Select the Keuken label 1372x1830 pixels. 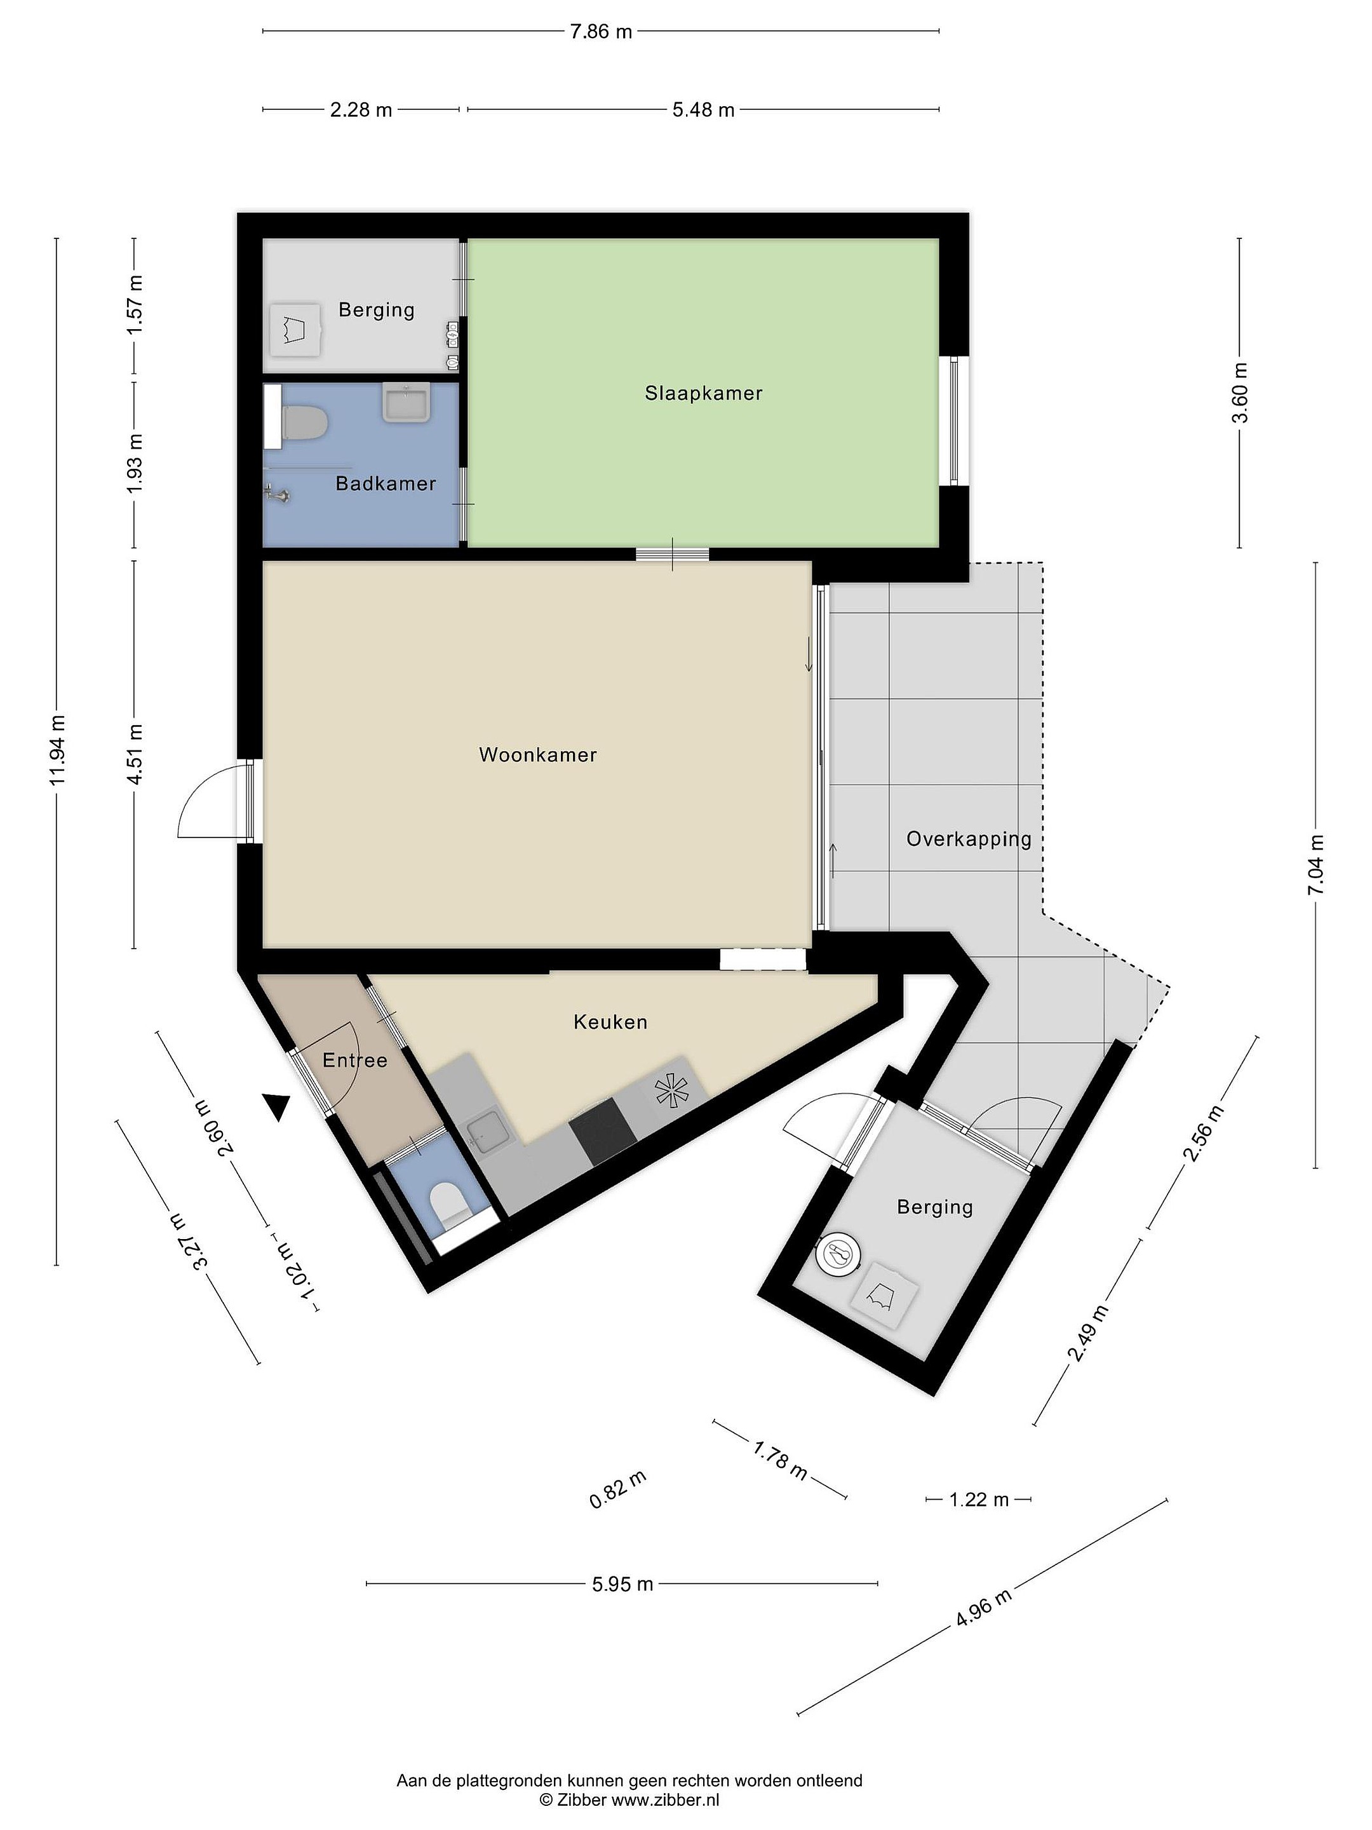[x=610, y=1022]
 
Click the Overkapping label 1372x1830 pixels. [x=969, y=840]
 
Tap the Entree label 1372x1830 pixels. [x=355, y=1060]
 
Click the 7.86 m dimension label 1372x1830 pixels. [x=602, y=32]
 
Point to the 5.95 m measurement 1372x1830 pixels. [x=622, y=1583]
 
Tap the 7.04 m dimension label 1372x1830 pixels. [x=1315, y=865]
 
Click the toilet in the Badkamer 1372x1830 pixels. [x=303, y=424]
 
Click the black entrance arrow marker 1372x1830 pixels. [x=278, y=1106]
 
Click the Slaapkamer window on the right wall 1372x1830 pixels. [x=953, y=420]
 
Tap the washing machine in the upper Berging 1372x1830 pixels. [x=296, y=330]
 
